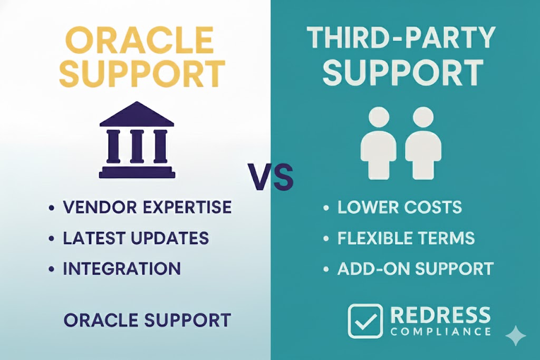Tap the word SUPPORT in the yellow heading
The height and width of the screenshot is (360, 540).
click(x=142, y=74)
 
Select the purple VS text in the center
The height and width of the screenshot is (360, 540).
click(x=271, y=177)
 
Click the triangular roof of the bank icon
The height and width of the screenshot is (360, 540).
click(x=137, y=113)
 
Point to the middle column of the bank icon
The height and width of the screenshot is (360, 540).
click(x=137, y=145)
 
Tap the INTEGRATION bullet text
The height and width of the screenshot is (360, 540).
click(x=122, y=268)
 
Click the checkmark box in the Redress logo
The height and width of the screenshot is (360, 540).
click(x=365, y=321)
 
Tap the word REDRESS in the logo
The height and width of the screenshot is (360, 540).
click(x=441, y=315)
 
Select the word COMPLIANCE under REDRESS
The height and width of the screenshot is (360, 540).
click(x=441, y=332)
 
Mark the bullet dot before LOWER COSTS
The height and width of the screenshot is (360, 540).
click(x=326, y=208)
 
